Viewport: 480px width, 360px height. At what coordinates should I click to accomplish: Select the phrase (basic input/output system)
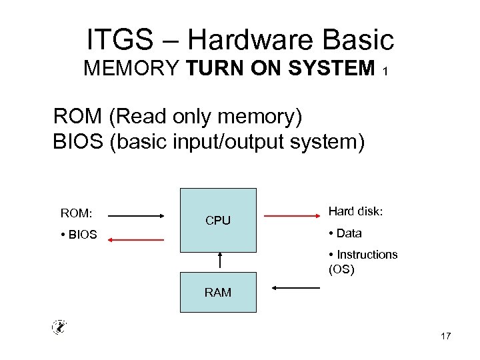point(237,143)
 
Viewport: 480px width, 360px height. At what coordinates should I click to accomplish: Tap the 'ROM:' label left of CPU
point(77,214)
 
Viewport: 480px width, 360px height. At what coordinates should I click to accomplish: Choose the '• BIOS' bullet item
point(79,235)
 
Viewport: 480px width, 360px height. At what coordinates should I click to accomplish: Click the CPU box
point(218,220)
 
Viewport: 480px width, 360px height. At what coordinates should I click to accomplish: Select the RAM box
point(218,292)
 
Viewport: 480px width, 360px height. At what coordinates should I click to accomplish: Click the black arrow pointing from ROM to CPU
point(135,216)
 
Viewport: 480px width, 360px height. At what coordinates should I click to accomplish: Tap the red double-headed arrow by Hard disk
point(291,216)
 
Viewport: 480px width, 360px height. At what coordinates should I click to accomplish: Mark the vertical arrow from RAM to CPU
point(219,262)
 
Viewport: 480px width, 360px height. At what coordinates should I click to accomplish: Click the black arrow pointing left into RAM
point(297,288)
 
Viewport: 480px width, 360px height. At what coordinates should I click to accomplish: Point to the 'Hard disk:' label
point(356,212)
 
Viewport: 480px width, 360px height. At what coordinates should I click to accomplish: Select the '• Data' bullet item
point(345,233)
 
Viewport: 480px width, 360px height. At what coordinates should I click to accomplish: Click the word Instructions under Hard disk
point(367,255)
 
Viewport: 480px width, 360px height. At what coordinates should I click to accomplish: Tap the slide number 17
point(445,336)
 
